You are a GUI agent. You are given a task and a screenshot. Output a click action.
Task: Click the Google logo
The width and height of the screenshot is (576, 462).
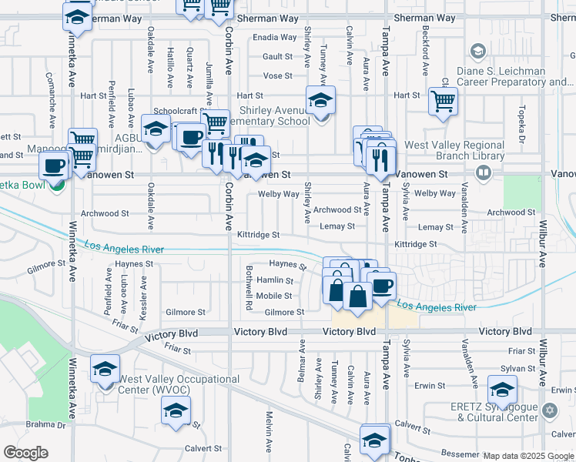point(26,453)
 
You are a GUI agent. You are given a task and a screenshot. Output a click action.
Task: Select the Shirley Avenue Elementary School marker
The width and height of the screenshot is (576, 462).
point(321,101)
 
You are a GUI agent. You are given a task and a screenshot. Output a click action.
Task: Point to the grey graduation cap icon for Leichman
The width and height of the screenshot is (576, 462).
point(477,52)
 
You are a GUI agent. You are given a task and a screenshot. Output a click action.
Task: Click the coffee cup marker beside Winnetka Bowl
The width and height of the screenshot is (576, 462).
point(54,166)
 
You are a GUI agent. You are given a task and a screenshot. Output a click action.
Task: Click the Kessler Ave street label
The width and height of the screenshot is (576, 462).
point(143,304)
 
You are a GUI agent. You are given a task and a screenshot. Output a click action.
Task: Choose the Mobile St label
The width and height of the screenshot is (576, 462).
point(274,296)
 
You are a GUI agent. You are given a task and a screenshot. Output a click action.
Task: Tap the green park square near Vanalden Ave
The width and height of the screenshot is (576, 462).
point(522,191)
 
